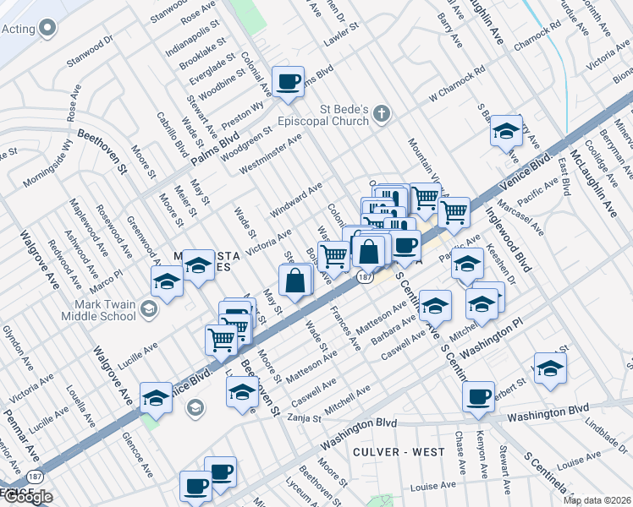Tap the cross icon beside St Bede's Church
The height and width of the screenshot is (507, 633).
[x=382, y=112]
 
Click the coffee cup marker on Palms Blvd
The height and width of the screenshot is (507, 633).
[x=289, y=82]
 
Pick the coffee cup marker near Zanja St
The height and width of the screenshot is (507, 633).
[x=479, y=396]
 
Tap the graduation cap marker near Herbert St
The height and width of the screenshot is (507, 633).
[x=550, y=368]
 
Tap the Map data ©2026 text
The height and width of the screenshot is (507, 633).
[x=596, y=499]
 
